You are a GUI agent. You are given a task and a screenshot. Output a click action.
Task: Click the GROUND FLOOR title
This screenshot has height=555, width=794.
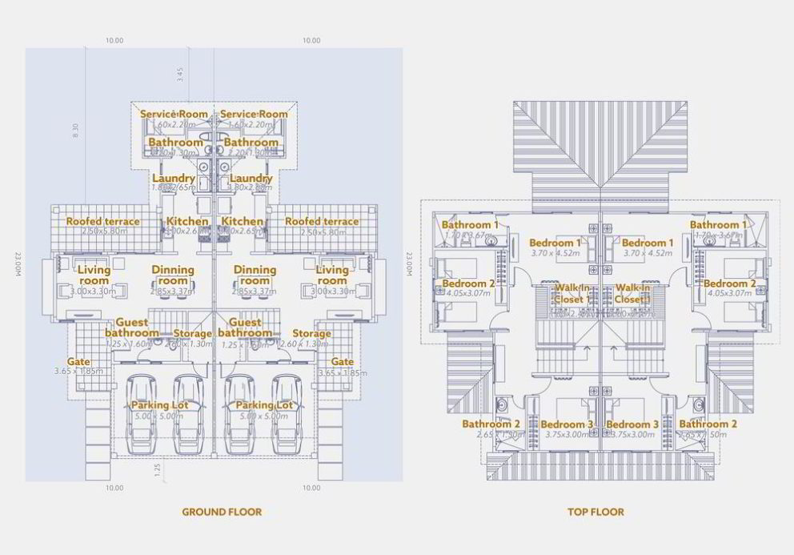[222, 512]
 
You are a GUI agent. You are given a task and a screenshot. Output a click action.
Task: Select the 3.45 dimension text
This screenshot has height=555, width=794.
[180, 75]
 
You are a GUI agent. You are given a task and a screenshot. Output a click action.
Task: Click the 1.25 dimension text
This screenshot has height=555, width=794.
[158, 468]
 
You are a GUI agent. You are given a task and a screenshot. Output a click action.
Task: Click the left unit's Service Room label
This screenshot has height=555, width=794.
[174, 115]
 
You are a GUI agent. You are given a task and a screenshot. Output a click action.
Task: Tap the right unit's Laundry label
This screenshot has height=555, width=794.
[251, 179]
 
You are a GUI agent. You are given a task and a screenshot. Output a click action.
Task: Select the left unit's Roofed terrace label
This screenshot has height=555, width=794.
[102, 222]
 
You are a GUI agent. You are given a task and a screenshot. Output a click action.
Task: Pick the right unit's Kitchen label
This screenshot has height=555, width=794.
[242, 222]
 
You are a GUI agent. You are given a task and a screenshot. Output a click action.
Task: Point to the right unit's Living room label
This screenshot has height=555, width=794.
[331, 275]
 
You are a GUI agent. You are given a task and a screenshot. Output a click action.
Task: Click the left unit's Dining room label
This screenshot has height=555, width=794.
[173, 275]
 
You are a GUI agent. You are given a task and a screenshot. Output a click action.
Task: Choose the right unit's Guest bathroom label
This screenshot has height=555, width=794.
[245, 328]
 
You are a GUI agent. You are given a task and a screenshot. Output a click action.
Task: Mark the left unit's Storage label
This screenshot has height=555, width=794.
[192, 334]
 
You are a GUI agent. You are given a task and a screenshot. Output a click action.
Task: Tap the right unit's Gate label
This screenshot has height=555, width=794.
[343, 362]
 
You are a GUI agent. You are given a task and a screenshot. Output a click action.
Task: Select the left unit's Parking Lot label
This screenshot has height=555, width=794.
[160, 406]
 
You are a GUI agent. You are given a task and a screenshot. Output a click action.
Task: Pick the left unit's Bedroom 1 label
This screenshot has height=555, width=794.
[555, 243]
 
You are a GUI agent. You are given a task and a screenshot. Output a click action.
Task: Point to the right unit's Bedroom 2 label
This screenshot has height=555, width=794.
[729, 284]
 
